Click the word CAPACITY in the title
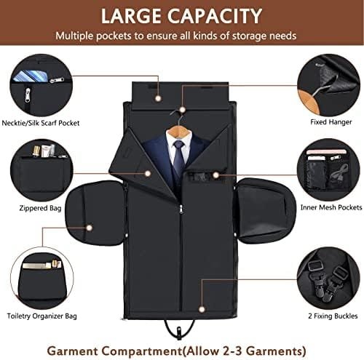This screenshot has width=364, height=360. (x=215, y=16)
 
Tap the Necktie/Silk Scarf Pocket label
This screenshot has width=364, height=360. (x=41, y=123)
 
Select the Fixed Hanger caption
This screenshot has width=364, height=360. (x=331, y=122)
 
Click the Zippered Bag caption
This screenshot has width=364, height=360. (x=40, y=208)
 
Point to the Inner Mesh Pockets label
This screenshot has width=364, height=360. (x=331, y=207)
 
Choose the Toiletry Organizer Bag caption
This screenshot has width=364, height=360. (x=41, y=316)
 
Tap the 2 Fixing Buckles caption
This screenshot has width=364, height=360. (x=333, y=316)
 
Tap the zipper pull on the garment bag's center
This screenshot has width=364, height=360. (x=181, y=209)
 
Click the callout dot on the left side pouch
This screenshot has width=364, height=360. (x=90, y=228)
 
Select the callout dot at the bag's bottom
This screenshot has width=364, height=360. (x=202, y=309)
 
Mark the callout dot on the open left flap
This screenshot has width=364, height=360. (x=148, y=174)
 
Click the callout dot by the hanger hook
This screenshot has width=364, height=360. (x=182, y=110)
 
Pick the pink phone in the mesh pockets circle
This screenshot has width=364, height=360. (x=327, y=152)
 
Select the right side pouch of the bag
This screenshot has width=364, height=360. (x=266, y=211)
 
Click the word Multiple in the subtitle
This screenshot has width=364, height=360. (x=74, y=36)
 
